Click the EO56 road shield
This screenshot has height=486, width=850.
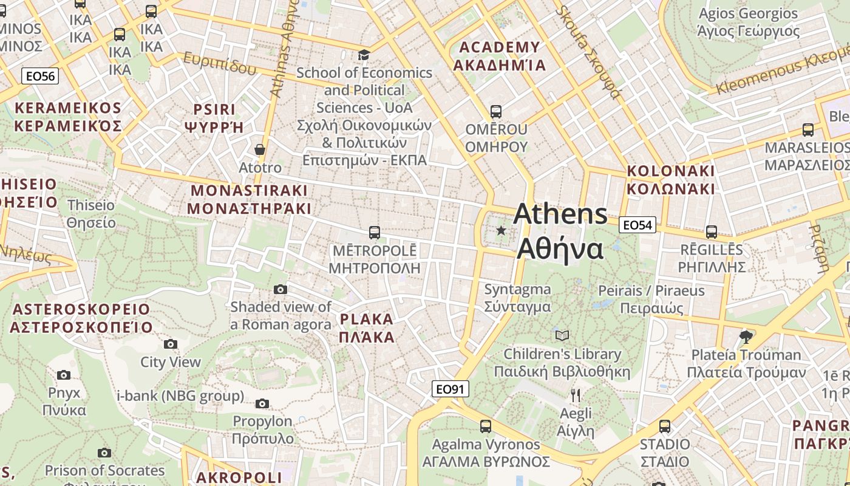point(40,76)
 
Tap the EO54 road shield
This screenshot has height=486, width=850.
point(637,225)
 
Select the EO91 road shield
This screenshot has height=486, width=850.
point(450,389)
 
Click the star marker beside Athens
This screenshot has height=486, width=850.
point(501,230)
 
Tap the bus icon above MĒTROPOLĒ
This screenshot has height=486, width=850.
point(375,232)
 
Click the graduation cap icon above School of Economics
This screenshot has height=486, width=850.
point(364,55)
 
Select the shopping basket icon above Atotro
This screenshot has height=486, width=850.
point(260,149)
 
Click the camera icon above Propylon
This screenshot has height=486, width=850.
point(262,403)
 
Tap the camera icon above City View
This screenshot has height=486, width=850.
point(171,344)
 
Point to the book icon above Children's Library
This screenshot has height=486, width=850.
point(562,335)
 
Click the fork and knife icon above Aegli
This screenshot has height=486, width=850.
point(576,395)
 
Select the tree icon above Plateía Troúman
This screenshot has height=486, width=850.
point(746,337)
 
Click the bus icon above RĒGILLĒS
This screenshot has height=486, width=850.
point(711,231)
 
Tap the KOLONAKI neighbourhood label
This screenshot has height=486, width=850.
point(670,179)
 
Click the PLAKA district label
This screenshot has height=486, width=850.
point(367,328)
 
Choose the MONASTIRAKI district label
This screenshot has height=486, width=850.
point(249,199)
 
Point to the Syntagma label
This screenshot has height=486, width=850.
point(517,298)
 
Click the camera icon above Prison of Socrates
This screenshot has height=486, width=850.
point(104,453)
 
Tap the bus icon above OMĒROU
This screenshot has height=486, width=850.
point(495,111)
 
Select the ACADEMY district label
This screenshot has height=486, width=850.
point(500,56)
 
